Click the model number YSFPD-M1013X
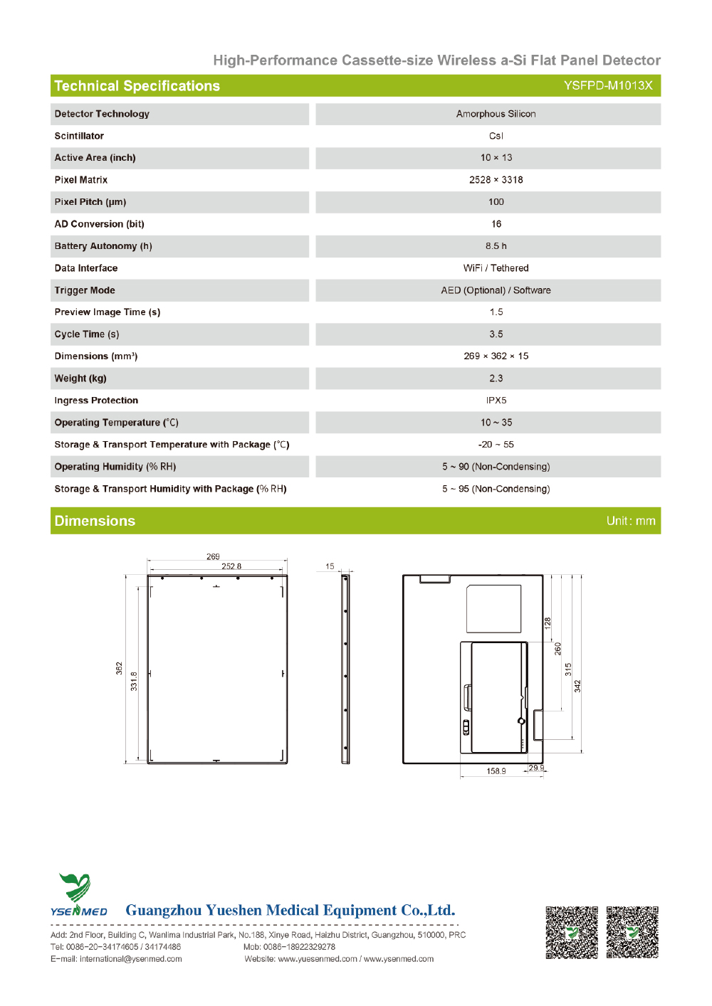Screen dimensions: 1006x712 click(608, 85)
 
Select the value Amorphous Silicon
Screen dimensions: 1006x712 click(496, 114)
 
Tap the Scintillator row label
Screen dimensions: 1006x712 click(79, 136)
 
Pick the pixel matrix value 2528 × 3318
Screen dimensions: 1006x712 click(496, 180)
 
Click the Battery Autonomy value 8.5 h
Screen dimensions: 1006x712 click(496, 246)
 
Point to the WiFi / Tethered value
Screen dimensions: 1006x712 click(496, 268)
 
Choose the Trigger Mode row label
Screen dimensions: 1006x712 click(85, 290)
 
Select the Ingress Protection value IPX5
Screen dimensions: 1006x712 click(496, 401)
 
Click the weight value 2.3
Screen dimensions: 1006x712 click(496, 378)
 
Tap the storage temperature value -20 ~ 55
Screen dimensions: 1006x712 click(496, 445)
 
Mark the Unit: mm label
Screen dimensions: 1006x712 click(630, 521)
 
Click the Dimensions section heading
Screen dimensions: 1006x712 click(95, 521)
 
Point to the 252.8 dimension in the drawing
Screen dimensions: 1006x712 click(231, 566)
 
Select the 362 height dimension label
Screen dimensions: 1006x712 click(120, 668)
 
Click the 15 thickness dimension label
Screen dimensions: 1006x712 click(330, 566)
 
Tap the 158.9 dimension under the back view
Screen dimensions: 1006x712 click(496, 771)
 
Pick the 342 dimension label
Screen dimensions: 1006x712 click(577, 686)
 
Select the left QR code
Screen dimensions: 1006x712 click(572, 932)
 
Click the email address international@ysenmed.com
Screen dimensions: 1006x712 click(131, 959)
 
